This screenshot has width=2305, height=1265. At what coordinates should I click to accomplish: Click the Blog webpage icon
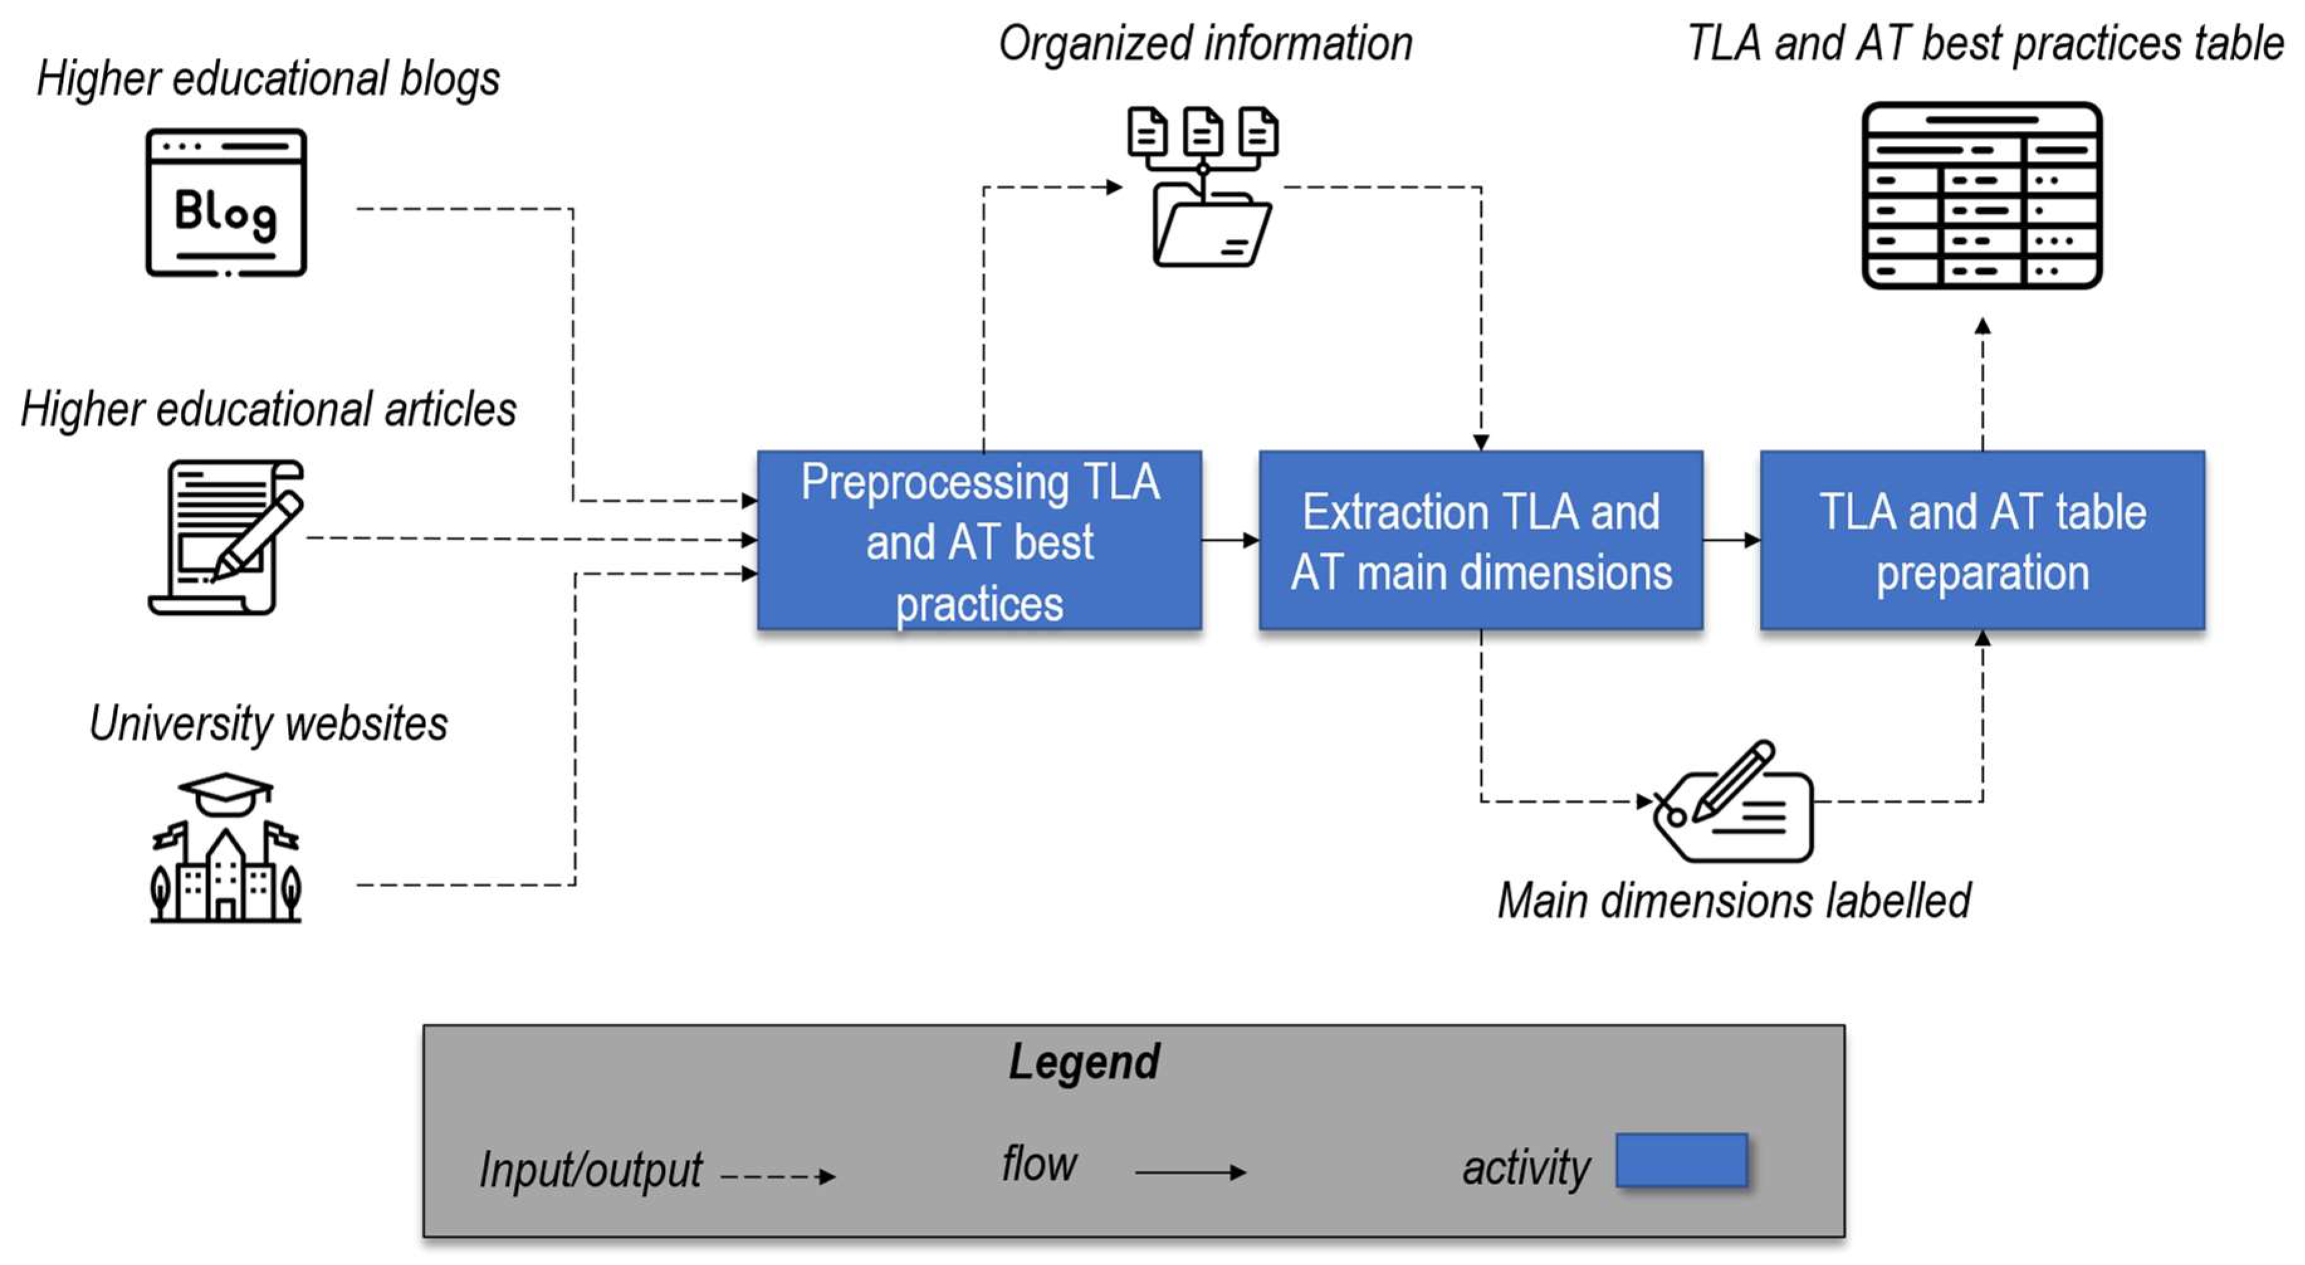pyautogui.click(x=226, y=202)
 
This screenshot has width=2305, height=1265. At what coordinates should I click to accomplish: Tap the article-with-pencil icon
pyautogui.click(x=226, y=537)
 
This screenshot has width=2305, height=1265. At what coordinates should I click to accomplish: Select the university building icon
pyautogui.click(x=226, y=847)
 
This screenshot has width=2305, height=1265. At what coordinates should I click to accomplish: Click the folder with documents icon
pyautogui.click(x=1203, y=186)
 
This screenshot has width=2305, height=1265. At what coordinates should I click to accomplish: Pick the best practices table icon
pyautogui.click(x=1982, y=195)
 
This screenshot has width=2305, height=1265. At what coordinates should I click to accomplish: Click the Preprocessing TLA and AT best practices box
pyautogui.click(x=980, y=540)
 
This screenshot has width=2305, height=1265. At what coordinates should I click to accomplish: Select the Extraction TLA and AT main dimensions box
pyautogui.click(x=1481, y=540)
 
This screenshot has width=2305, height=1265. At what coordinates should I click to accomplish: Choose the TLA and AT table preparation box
pyautogui.click(x=1983, y=540)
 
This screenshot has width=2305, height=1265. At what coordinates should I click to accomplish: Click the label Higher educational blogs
pyautogui.click(x=268, y=79)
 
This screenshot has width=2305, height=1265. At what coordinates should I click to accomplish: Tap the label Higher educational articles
pyautogui.click(x=268, y=410)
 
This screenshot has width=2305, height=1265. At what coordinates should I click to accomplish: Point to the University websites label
pyautogui.click(x=268, y=724)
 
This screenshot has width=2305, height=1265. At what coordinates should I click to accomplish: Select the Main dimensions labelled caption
pyautogui.click(x=1734, y=900)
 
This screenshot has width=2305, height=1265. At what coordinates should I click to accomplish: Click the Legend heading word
pyautogui.click(x=1085, y=1063)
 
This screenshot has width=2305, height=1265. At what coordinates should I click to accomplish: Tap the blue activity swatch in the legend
pyautogui.click(x=1682, y=1160)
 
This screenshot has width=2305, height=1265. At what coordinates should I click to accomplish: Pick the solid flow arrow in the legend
pyautogui.click(x=1191, y=1172)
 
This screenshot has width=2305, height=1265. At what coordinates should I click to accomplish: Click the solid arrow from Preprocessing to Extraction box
pyautogui.click(x=1230, y=540)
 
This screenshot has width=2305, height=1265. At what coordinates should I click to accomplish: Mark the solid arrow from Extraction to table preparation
pyautogui.click(x=1731, y=540)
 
